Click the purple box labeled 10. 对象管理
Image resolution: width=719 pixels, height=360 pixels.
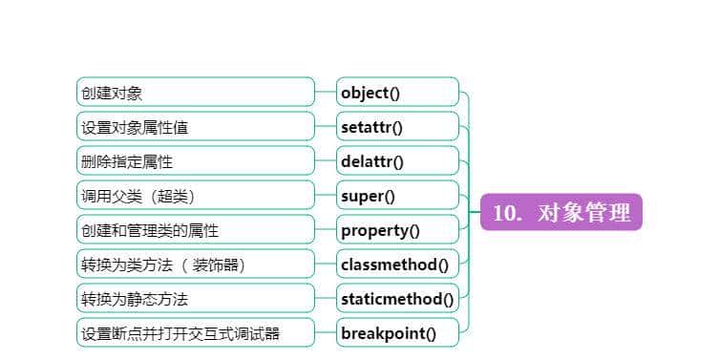[561, 212]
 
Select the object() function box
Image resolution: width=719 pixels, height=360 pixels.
[397, 93]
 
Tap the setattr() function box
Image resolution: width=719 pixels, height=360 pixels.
[397, 127]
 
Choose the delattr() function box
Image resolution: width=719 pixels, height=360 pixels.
[397, 161]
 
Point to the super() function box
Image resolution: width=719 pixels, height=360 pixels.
[397, 196]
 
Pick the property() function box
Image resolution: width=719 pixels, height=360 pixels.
[397, 230]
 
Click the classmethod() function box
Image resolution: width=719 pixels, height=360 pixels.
[397, 265]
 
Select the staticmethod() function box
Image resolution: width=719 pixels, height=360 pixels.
[397, 299]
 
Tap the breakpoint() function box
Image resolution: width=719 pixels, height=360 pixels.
[397, 333]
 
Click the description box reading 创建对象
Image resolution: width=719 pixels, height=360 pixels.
[195, 93]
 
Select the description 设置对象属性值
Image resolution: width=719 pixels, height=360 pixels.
[195, 127]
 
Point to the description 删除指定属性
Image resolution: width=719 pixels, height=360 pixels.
[195, 161]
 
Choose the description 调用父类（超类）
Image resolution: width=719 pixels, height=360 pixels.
[195, 196]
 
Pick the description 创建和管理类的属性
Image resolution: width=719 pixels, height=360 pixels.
[195, 230]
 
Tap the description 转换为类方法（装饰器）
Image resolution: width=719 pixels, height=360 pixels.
[195, 265]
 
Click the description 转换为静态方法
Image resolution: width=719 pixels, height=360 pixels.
[195, 299]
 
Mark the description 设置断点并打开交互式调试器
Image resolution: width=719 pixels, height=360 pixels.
[195, 333]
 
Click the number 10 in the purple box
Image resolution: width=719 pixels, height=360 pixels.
[505, 212]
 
